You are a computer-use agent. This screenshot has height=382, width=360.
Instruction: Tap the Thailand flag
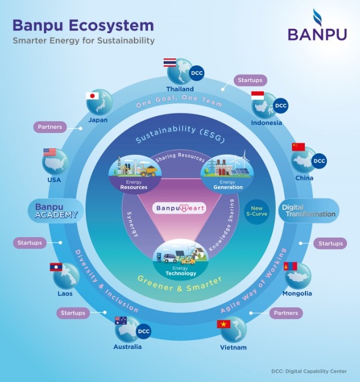[x=170, y=62]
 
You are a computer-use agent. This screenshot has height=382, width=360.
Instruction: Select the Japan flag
[x=92, y=95]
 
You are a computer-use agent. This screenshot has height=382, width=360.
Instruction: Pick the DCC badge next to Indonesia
[x=280, y=106]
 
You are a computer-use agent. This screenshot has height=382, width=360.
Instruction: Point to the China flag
[x=298, y=147]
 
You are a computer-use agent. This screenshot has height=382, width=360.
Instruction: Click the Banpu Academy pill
[x=56, y=211]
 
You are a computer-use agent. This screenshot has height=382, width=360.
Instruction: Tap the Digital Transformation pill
[x=309, y=211]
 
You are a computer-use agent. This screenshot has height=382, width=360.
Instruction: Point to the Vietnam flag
[x=224, y=324]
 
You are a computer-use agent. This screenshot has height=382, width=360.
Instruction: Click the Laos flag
[x=56, y=267]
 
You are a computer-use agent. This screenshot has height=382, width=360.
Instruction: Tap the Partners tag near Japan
[x=51, y=127]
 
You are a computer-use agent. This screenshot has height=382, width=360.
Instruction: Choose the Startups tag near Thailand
[x=249, y=80]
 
